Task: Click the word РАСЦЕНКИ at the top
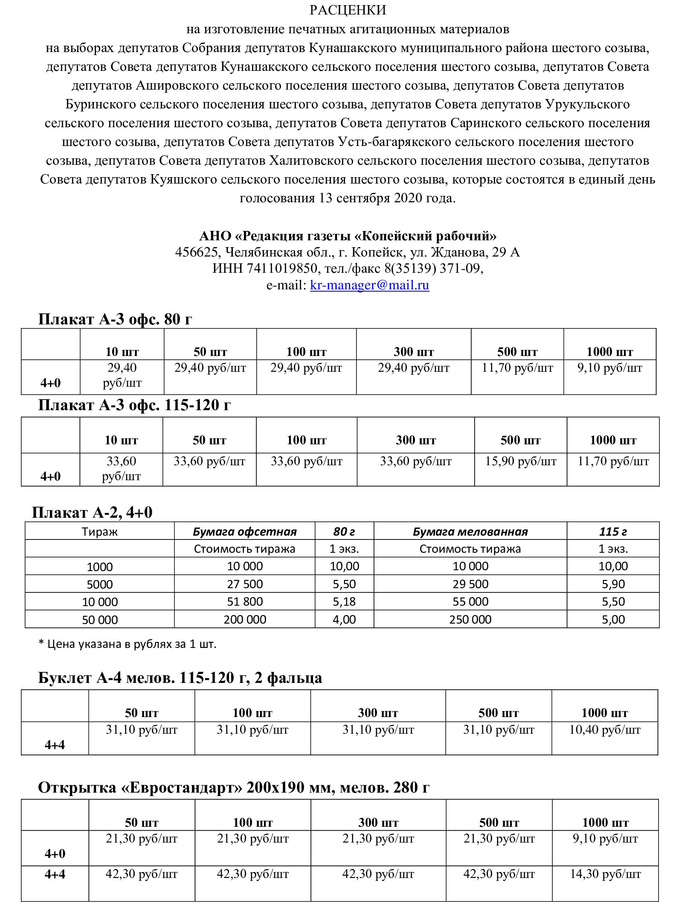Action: pos(348,10)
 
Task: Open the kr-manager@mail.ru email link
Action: pos(369,285)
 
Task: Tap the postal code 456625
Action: pos(197,252)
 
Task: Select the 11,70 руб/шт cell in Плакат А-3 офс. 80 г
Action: pos(517,368)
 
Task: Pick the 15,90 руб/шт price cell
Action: pos(520,461)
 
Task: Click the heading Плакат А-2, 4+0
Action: pos(92,512)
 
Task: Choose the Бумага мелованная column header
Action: pos(470,532)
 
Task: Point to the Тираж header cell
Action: pos(99,532)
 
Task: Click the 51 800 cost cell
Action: pos(245,602)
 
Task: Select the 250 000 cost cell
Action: pos(470,620)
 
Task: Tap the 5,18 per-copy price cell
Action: pos(344,602)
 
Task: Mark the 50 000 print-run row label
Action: pos(99,620)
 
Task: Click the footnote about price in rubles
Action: pos(128,644)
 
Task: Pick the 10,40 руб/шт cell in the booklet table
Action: pos(605,730)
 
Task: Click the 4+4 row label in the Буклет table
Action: pos(55,745)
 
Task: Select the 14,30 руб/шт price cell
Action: pos(605,875)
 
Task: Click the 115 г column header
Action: pos(613,532)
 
